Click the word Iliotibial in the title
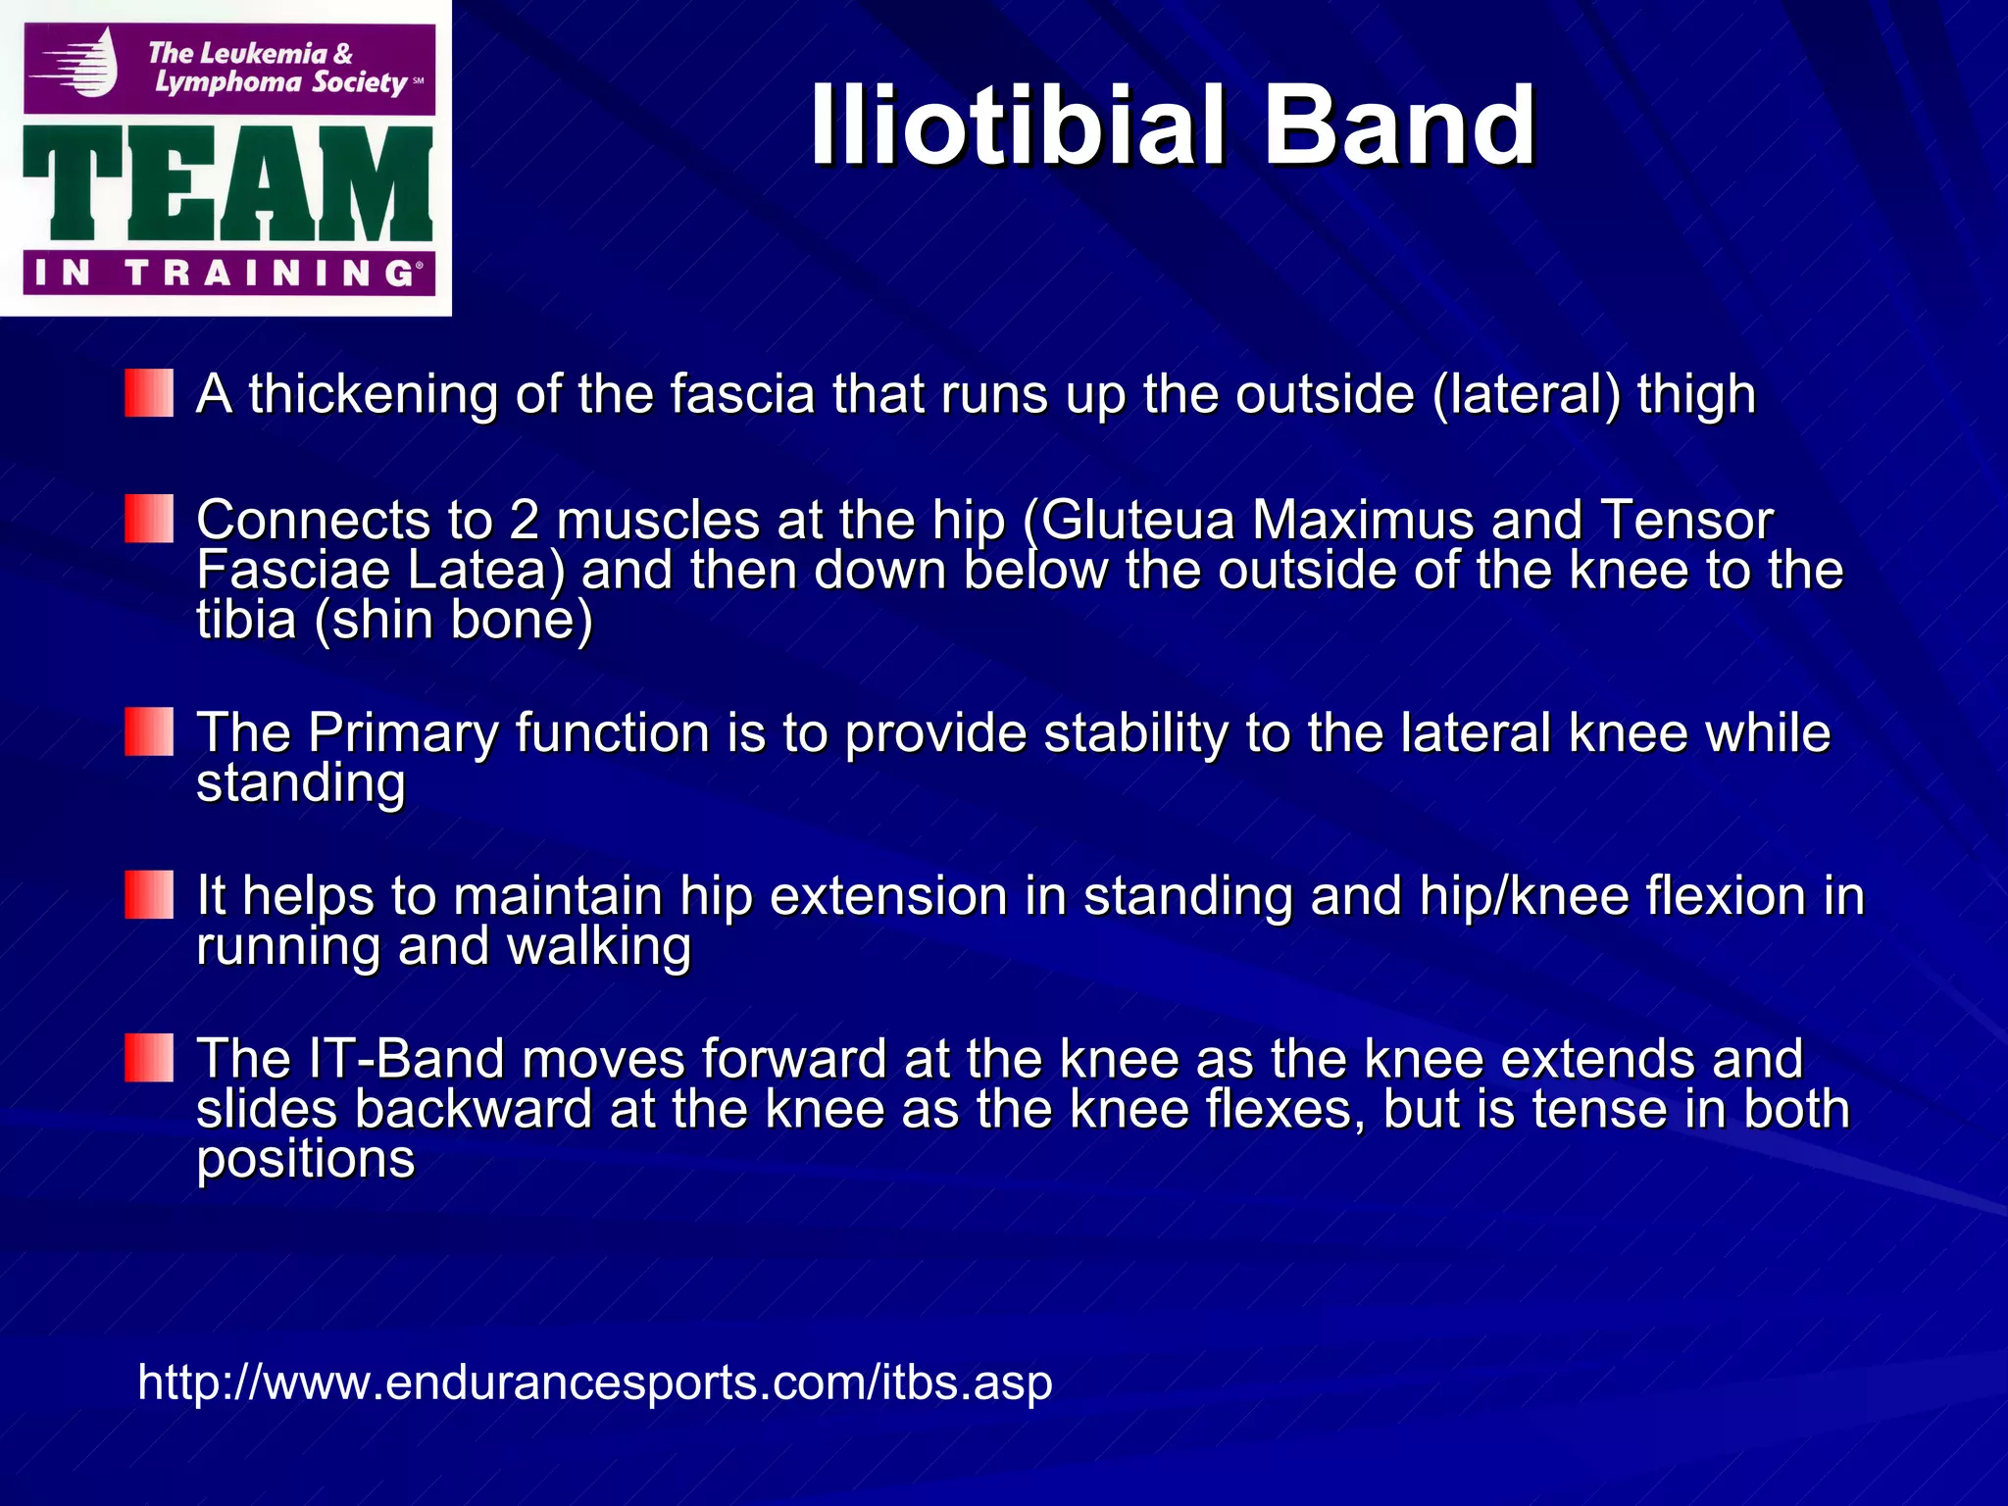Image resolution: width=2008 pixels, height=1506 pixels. click(x=1017, y=125)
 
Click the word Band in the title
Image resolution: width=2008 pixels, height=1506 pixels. click(x=1399, y=125)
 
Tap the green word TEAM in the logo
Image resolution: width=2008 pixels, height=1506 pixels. click(x=227, y=184)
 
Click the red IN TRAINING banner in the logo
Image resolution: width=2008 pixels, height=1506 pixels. click(x=227, y=273)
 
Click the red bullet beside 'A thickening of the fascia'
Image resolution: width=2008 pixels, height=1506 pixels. click(x=149, y=393)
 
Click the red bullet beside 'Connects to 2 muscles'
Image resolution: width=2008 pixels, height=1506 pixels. click(x=149, y=519)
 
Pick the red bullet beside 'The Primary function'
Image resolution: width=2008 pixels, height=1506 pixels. click(x=149, y=732)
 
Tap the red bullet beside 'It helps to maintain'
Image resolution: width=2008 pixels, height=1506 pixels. click(x=149, y=895)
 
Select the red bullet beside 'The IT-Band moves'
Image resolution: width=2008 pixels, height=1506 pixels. click(x=149, y=1058)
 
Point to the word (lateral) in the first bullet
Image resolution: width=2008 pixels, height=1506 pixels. click(x=1526, y=394)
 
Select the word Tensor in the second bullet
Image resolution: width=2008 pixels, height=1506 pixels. click(x=1686, y=520)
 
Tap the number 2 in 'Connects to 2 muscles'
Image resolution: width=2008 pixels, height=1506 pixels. click(x=524, y=520)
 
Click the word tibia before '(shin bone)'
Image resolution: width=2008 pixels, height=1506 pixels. click(x=246, y=621)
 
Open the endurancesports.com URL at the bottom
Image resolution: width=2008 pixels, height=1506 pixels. click(x=594, y=1382)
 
